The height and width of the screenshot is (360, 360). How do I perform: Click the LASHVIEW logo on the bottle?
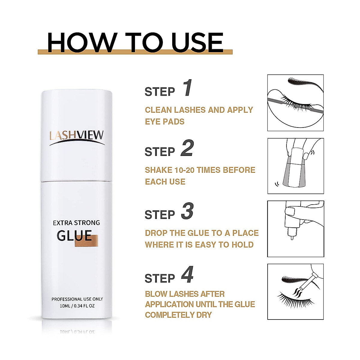tap(76, 136)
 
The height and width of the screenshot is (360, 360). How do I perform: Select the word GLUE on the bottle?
tap(74, 236)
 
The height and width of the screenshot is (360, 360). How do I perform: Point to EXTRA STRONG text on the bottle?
tap(76, 223)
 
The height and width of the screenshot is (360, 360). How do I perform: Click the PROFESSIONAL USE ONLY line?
tap(77, 299)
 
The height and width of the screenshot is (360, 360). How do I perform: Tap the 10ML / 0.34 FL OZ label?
tap(77, 306)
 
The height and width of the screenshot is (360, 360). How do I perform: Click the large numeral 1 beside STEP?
tap(187, 88)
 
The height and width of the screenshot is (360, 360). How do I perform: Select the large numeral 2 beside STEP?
tap(187, 148)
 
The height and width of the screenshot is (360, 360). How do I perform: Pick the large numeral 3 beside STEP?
tap(187, 211)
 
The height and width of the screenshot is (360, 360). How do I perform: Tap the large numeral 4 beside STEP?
tap(187, 275)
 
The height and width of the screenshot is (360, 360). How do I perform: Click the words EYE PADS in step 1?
tap(165, 122)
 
